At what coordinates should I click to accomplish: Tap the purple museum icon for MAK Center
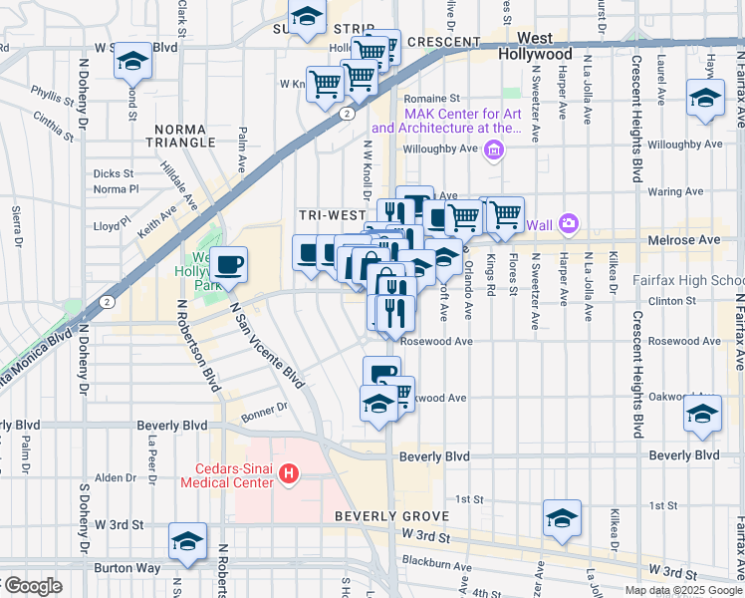click(x=492, y=150)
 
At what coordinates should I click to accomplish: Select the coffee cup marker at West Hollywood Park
click(x=229, y=264)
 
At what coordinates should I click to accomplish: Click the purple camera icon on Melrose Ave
click(x=569, y=223)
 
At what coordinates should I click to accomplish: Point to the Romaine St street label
click(x=430, y=99)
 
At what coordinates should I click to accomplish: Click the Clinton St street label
click(x=669, y=299)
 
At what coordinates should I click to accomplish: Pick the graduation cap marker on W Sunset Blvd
click(x=130, y=62)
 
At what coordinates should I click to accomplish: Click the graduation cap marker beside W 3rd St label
click(x=187, y=540)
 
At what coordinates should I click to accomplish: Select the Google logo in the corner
click(x=32, y=586)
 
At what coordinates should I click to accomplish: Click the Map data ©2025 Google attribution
click(x=683, y=590)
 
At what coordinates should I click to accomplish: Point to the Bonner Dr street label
click(x=263, y=407)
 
